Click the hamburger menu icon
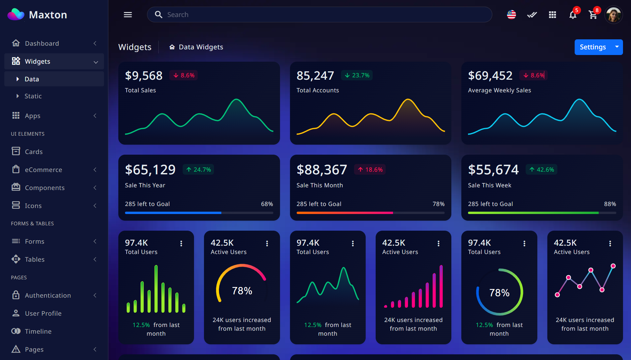click(x=128, y=15)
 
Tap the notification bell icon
click(x=573, y=15)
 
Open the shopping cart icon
click(x=593, y=15)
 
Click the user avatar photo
click(x=613, y=15)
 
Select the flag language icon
click(x=511, y=15)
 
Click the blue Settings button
click(x=593, y=47)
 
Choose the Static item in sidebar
click(x=33, y=96)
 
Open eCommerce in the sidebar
click(x=43, y=170)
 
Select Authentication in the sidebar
click(x=48, y=295)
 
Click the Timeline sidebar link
click(x=38, y=331)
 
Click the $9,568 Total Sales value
click(x=144, y=76)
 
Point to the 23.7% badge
click(x=357, y=75)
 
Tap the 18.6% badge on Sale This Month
click(x=370, y=170)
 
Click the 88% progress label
click(x=610, y=204)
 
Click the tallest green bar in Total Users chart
click(x=156, y=288)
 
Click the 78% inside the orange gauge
click(x=242, y=291)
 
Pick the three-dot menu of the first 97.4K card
click(x=181, y=244)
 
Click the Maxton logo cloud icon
click(x=16, y=14)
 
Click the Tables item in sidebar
click(x=34, y=259)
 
